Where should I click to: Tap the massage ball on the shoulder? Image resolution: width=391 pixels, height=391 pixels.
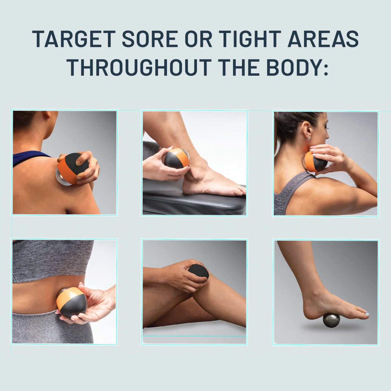pyautogui.click(x=72, y=169)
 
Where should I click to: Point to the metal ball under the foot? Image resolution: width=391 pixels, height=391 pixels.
pyautogui.click(x=331, y=320)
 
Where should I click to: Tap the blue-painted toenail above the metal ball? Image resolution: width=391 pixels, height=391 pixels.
pyautogui.click(x=367, y=314)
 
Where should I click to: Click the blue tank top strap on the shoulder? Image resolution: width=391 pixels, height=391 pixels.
pyautogui.click(x=31, y=157)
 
